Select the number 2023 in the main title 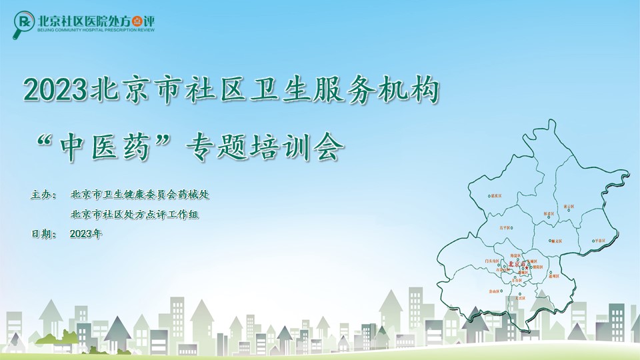coord(55,90)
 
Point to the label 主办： coord(45,195)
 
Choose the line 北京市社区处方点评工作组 coord(135,215)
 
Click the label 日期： coord(45,234)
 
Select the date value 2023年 coord(85,234)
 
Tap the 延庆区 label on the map coord(495,197)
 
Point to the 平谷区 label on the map coord(599,241)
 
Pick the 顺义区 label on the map coord(555,241)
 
